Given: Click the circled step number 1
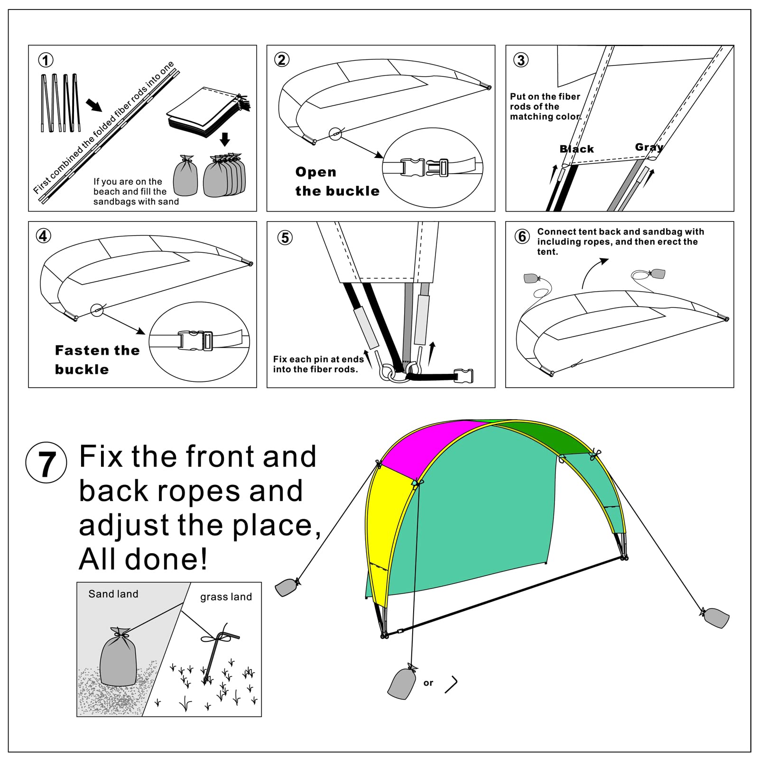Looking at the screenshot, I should tap(46, 60).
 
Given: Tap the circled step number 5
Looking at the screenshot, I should tap(285, 237).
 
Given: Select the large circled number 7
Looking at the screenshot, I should tap(46, 463).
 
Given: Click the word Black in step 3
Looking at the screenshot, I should tap(576, 149).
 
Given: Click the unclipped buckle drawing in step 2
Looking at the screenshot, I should tap(425, 167).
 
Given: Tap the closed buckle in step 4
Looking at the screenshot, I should tap(195, 341).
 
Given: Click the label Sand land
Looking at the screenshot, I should tap(113, 594).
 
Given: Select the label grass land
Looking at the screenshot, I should tap(226, 597).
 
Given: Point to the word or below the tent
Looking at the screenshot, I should tap(428, 683).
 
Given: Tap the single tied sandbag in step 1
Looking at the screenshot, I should tap(185, 176).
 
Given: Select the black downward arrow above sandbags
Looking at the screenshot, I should tap(225, 139).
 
